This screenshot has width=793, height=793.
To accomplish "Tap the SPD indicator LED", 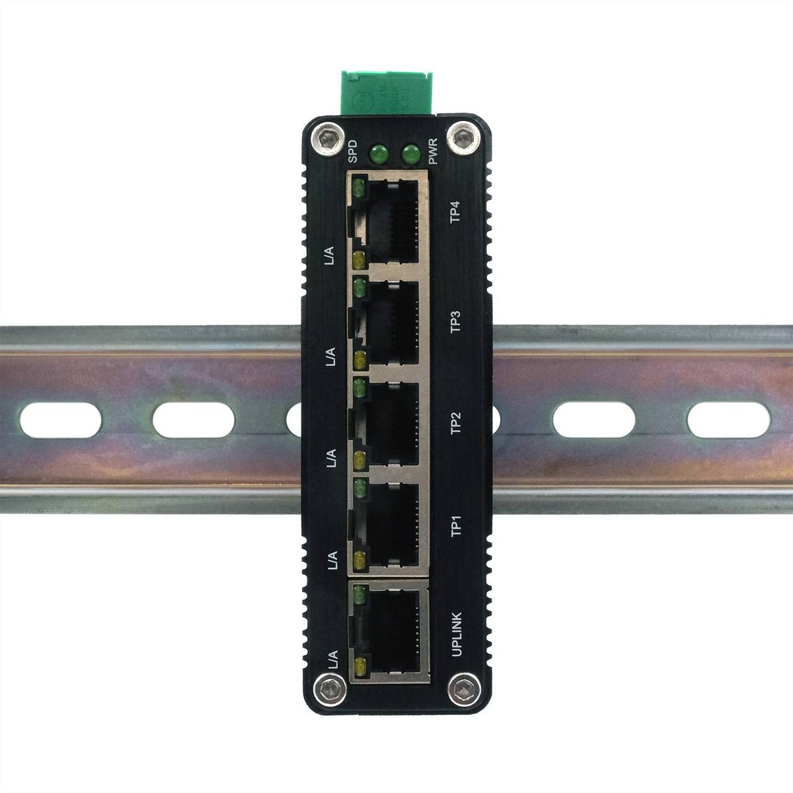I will click(x=379, y=156).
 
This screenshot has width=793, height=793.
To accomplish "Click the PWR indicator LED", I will click(x=410, y=156).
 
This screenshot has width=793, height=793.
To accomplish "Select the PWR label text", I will click(x=433, y=151).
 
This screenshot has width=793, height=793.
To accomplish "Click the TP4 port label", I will click(x=455, y=217).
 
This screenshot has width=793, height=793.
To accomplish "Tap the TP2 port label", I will click(x=455, y=423).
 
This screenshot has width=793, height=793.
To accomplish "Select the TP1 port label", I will click(x=455, y=526).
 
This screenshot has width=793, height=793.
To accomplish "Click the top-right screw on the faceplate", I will click(x=461, y=137).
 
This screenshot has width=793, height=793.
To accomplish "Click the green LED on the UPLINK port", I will click(x=360, y=595).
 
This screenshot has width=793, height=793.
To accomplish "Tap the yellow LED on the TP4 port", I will click(x=359, y=259).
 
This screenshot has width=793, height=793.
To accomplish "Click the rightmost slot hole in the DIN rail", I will click(x=728, y=420).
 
